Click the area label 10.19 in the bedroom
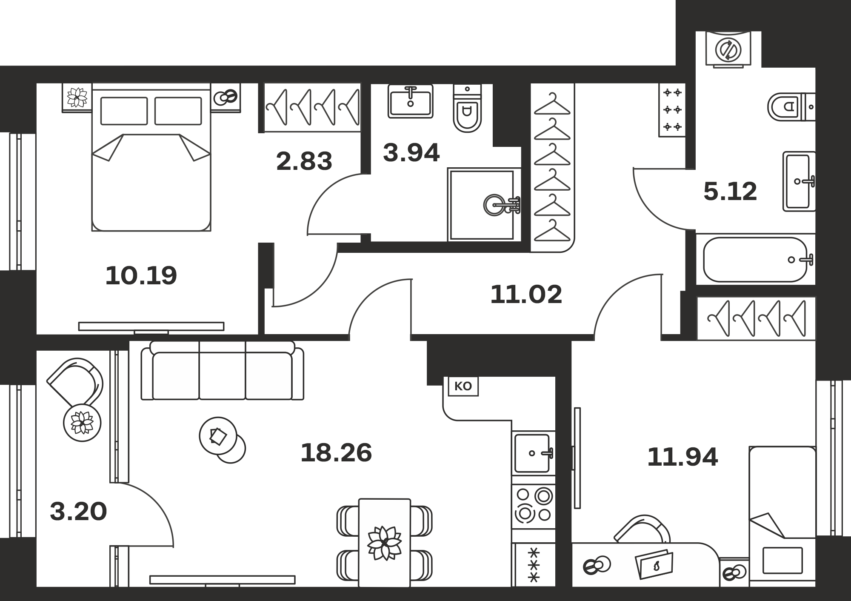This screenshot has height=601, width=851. (141, 275)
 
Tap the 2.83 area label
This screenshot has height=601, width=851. (304, 161)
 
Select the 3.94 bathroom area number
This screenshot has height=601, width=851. (411, 153)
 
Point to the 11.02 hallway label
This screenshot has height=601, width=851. (526, 294)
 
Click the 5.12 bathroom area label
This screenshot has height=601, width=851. (730, 191)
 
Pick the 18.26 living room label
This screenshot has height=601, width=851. (336, 452)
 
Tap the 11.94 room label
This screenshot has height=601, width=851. (683, 457)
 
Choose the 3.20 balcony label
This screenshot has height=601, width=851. (78, 511)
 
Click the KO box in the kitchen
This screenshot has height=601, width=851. (463, 386)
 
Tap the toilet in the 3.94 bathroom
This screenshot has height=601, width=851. (467, 109)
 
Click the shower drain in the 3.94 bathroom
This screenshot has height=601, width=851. (496, 205)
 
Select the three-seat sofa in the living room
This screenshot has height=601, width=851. (223, 370)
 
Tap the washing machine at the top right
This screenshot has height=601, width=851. (728, 49)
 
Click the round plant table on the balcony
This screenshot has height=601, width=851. (82, 423)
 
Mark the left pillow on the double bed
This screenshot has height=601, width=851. (124, 111)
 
